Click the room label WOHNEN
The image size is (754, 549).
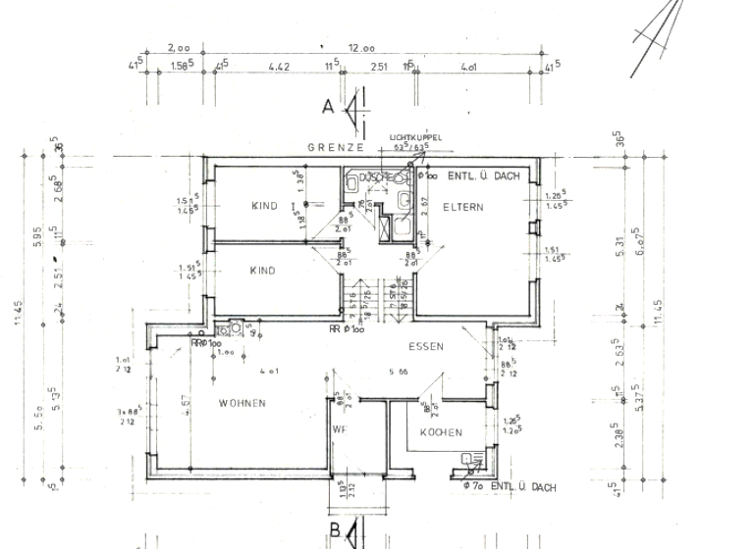point(242,404)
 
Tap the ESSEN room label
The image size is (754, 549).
point(427,346)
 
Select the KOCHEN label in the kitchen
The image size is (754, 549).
point(441,432)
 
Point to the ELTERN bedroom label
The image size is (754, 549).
point(460,207)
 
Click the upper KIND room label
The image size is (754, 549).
point(263,207)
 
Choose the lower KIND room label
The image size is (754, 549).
point(261,271)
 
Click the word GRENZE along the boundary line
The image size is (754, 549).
point(337,147)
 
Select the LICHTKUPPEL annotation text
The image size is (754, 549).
point(415,137)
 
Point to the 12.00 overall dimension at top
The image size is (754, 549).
point(360,47)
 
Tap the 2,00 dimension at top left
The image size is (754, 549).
point(179,47)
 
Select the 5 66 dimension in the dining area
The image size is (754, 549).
point(399,373)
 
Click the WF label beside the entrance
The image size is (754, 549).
point(338,428)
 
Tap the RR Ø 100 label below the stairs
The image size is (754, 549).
point(347,329)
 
